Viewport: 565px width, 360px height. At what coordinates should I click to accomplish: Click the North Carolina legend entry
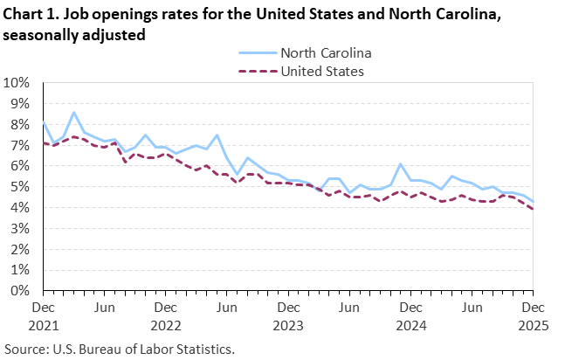point(320,52)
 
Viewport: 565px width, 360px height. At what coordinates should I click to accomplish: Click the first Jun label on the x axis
point(104,308)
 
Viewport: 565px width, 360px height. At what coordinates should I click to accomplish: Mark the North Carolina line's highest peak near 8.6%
point(74,112)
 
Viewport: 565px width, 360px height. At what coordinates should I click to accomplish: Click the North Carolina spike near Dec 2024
point(400,164)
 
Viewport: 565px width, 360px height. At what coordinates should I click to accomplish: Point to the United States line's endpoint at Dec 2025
point(533,209)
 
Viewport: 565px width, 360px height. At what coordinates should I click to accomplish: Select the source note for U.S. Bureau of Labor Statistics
point(120,349)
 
